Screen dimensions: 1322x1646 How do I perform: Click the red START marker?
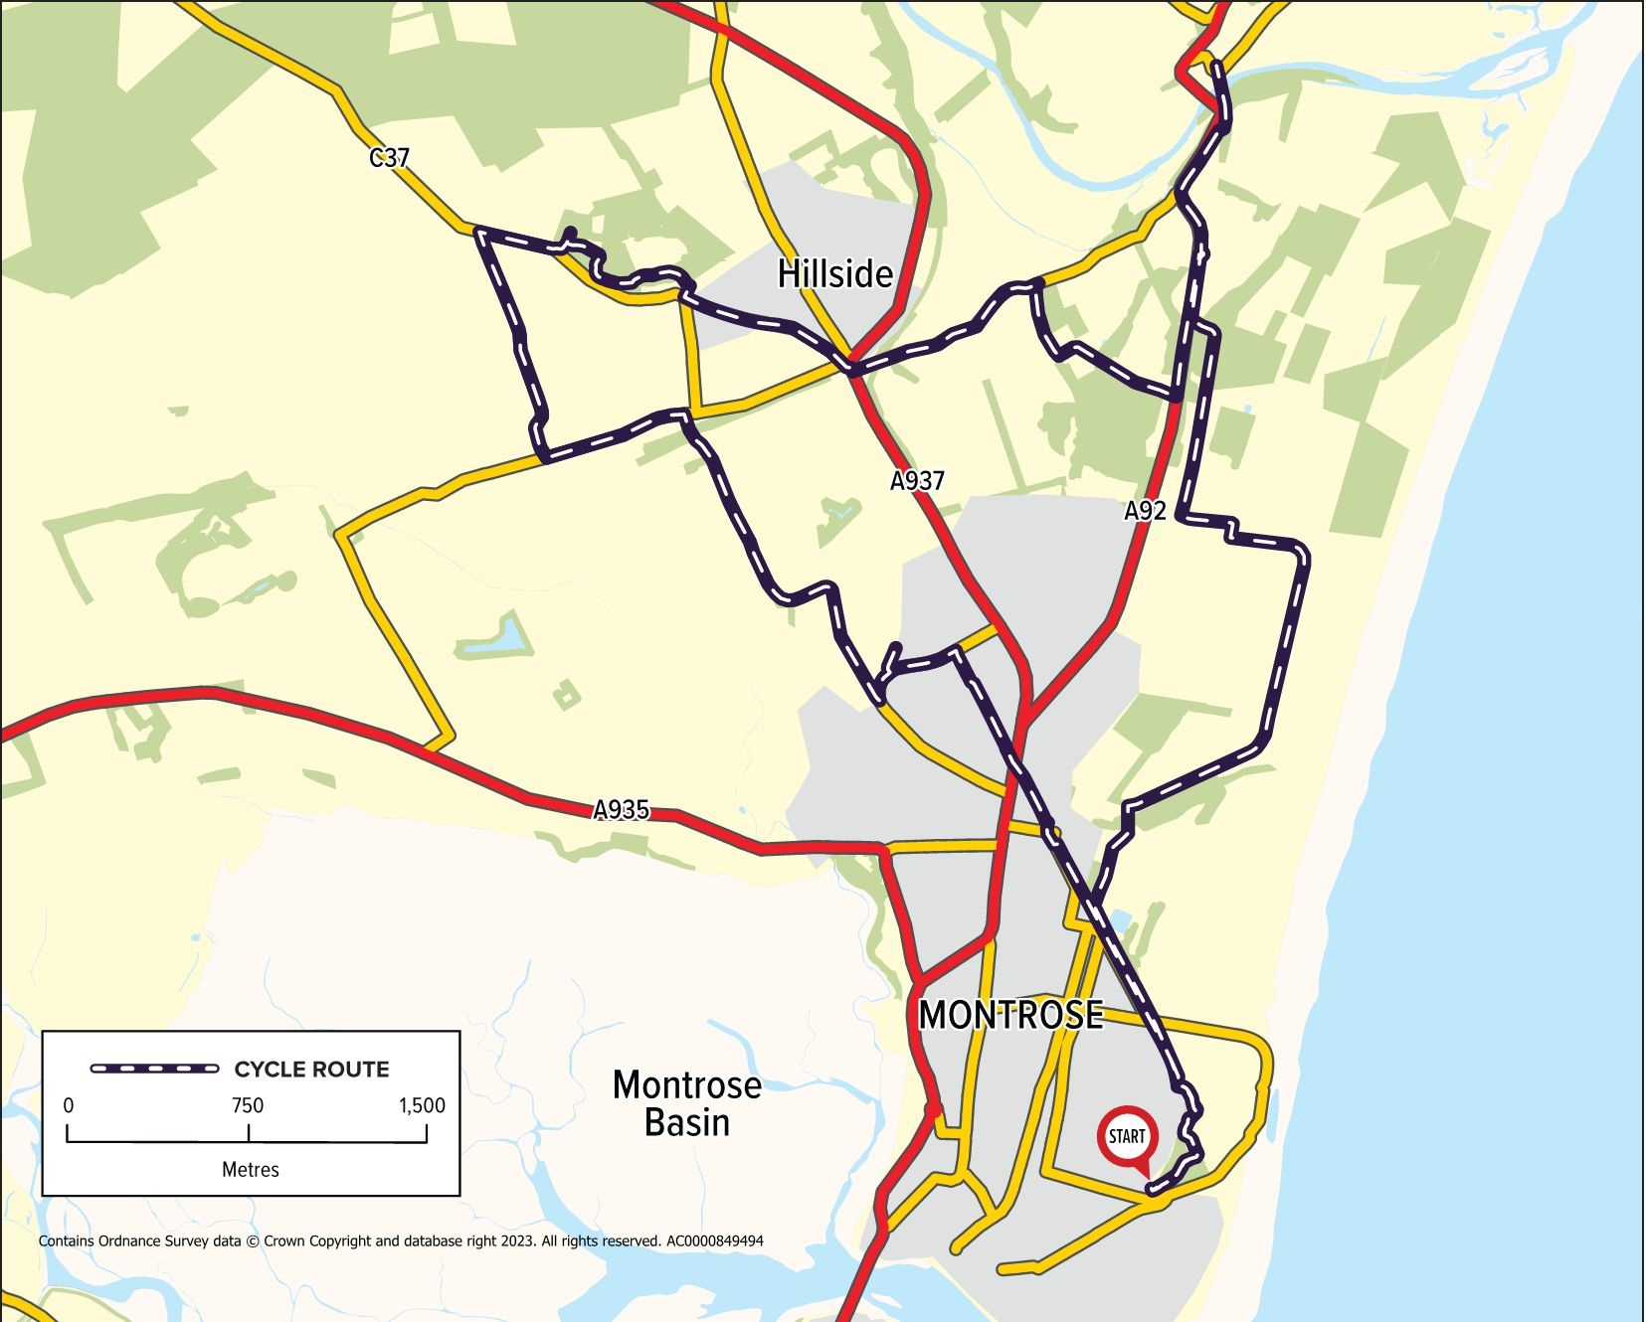(x=1127, y=1136)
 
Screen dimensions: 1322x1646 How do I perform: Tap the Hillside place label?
(x=834, y=273)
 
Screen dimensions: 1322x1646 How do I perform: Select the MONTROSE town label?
(x=1010, y=1015)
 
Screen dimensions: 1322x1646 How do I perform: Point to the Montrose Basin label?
(x=686, y=1103)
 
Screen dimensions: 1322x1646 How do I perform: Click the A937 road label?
(x=916, y=481)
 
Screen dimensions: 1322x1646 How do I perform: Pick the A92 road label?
(x=1145, y=511)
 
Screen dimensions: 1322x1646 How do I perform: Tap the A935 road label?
(x=622, y=810)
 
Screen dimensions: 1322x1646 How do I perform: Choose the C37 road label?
(x=389, y=157)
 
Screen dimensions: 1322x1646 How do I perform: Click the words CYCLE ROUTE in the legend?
(x=311, y=1070)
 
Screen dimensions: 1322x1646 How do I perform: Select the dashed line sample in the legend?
(x=154, y=1069)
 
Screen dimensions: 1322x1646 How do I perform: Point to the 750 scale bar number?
(x=248, y=1105)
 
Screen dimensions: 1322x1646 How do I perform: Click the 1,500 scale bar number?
(x=422, y=1105)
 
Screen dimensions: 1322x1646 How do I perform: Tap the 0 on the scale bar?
(x=68, y=1105)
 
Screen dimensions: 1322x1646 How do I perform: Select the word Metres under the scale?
(x=250, y=1170)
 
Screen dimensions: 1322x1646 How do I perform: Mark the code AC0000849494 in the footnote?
(x=715, y=1240)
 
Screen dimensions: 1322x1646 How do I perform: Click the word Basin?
(x=686, y=1123)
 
